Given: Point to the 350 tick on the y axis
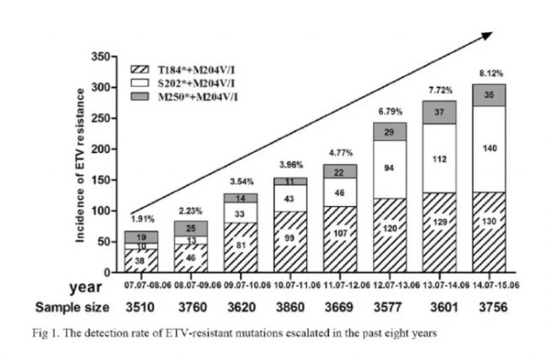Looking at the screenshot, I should (x=101, y=56).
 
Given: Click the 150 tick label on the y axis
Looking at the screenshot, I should (x=101, y=180).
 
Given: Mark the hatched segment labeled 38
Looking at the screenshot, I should (x=119, y=261).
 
